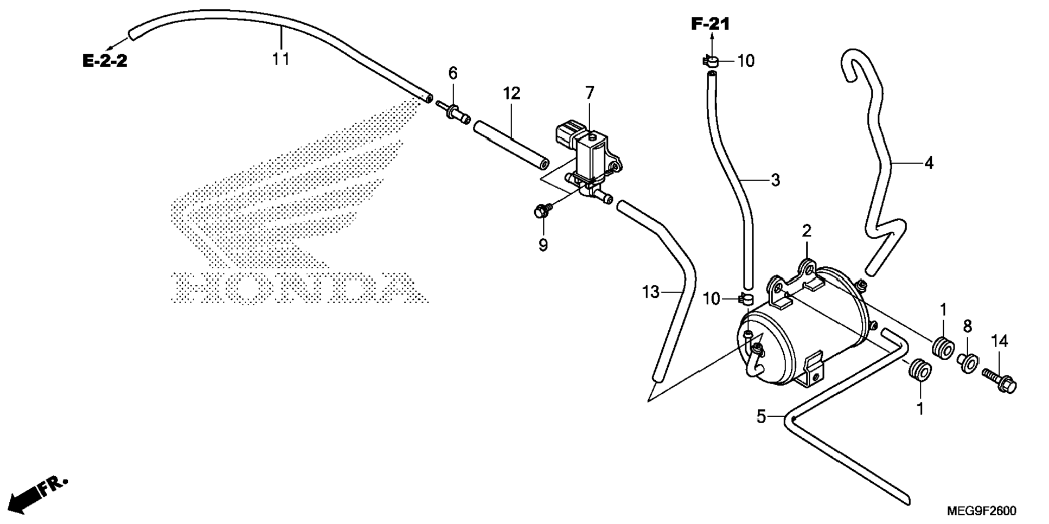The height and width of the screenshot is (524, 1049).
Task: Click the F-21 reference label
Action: pyautogui.click(x=710, y=24)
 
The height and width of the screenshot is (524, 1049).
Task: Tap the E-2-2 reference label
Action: pyautogui.click(x=105, y=61)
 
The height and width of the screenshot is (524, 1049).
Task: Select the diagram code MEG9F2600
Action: pyautogui.click(x=982, y=511)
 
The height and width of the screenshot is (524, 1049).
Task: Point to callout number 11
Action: pyautogui.click(x=281, y=59)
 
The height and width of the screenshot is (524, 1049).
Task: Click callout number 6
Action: pyautogui.click(x=453, y=73)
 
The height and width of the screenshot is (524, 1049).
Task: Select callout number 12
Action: pyautogui.click(x=511, y=93)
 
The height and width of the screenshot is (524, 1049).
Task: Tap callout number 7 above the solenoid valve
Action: pyautogui.click(x=590, y=93)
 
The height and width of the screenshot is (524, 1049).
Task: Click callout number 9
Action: pyautogui.click(x=543, y=245)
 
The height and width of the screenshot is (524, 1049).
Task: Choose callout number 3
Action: pyautogui.click(x=775, y=180)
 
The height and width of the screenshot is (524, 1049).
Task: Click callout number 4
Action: pyautogui.click(x=929, y=163)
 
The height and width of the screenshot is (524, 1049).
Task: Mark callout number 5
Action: pyautogui.click(x=762, y=417)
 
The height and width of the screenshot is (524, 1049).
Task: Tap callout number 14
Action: pyautogui.click(x=999, y=341)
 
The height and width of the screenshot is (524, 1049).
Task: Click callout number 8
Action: pyautogui.click(x=967, y=326)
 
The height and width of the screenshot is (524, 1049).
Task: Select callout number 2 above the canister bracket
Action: pyautogui.click(x=807, y=231)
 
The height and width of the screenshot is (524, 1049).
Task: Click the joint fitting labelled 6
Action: pyautogui.click(x=455, y=112)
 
